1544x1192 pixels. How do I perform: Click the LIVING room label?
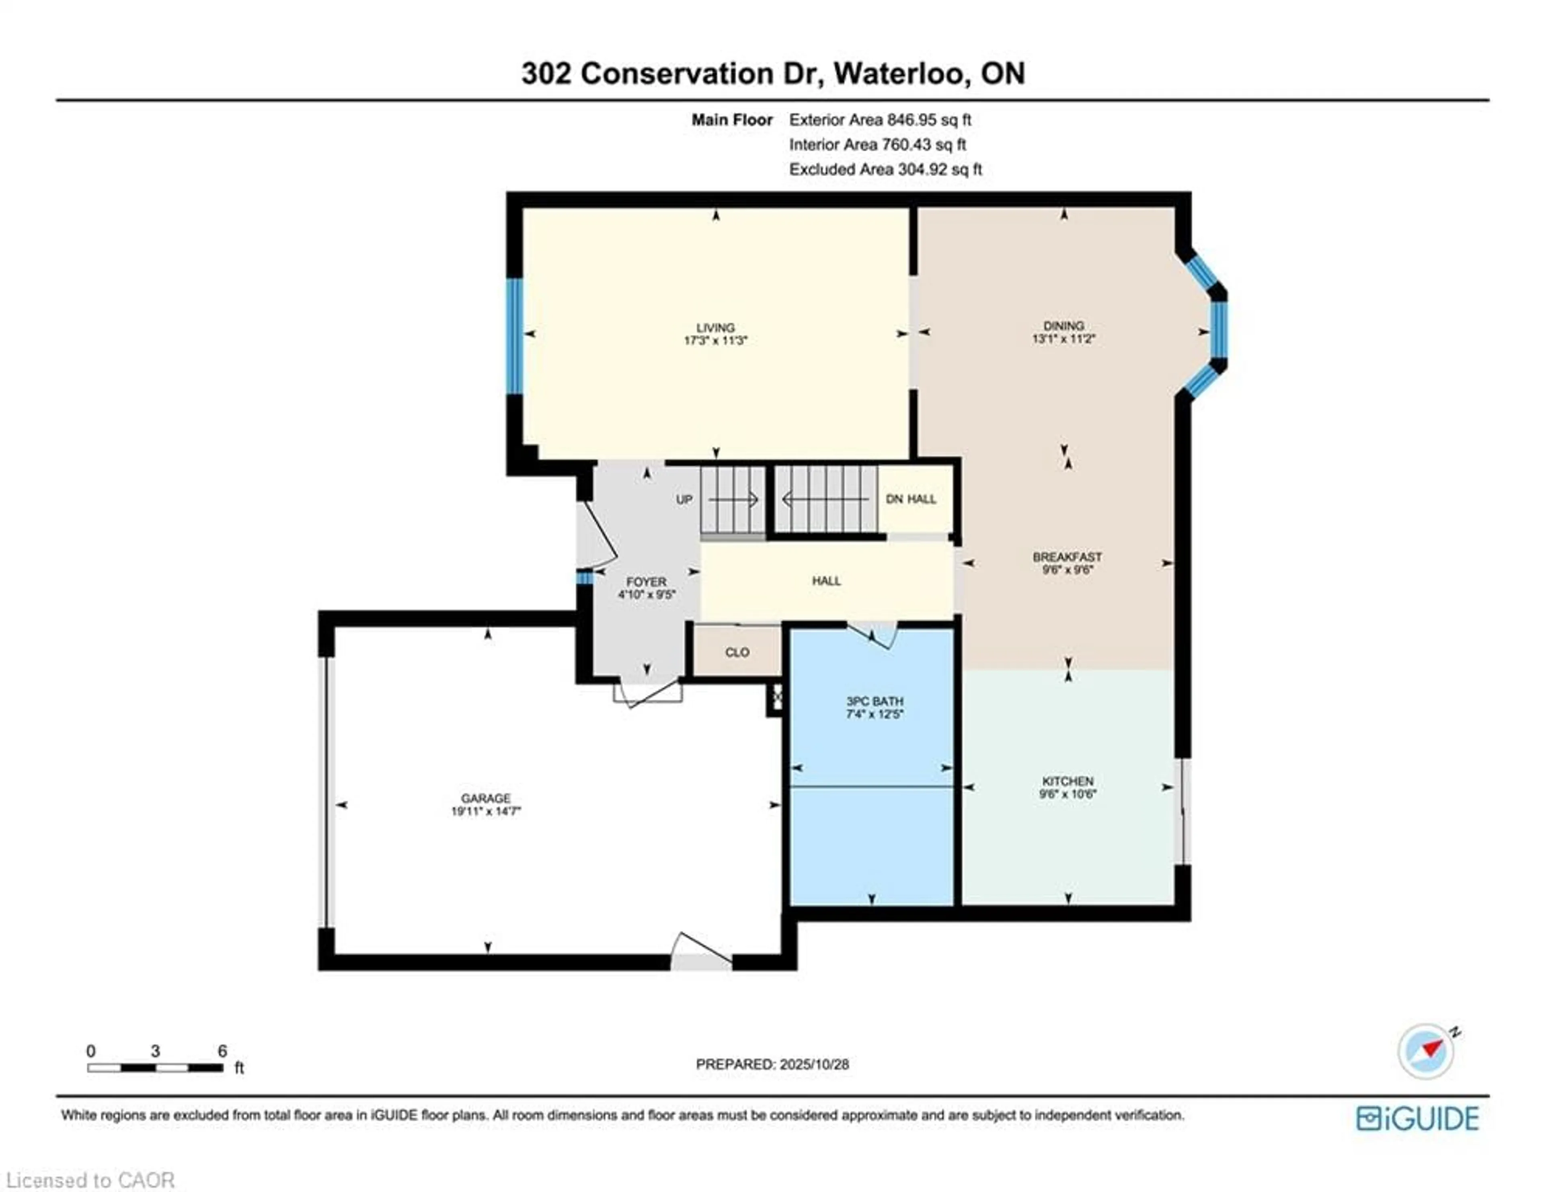point(715,327)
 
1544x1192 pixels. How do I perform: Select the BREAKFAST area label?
point(1067,557)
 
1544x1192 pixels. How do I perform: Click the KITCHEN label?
point(1068,781)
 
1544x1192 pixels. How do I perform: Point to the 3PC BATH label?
point(875,701)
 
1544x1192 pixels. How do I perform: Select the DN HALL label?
point(911,499)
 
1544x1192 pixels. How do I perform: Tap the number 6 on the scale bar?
point(222,1051)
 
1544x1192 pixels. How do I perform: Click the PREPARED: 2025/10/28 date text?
point(772,1064)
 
